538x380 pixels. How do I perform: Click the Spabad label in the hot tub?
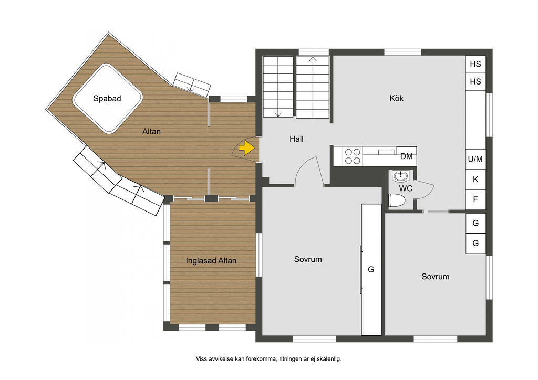pyautogui.click(x=107, y=99)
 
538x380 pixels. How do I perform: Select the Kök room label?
pyautogui.click(x=396, y=98)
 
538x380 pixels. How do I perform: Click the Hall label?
pyautogui.click(x=296, y=139)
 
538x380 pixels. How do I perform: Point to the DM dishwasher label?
pyautogui.click(x=407, y=156)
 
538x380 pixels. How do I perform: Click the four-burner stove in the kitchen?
pyautogui.click(x=353, y=156)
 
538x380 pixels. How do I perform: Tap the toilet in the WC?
pyautogui.click(x=397, y=200)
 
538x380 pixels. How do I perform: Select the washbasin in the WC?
pyautogui.click(x=400, y=176)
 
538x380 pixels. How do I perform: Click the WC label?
pyautogui.click(x=406, y=188)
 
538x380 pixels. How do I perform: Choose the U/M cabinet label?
pyautogui.click(x=475, y=159)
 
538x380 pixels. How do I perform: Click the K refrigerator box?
pyautogui.click(x=475, y=179)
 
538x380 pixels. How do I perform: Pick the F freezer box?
pyautogui.click(x=475, y=199)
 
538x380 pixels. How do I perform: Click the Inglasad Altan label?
pyautogui.click(x=211, y=261)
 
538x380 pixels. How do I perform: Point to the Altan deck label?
pyautogui.click(x=151, y=132)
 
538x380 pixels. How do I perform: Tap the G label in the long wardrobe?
pyautogui.click(x=371, y=270)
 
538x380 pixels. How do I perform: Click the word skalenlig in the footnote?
pyautogui.click(x=328, y=359)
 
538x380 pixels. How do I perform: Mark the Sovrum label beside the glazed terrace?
pyautogui.click(x=308, y=259)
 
